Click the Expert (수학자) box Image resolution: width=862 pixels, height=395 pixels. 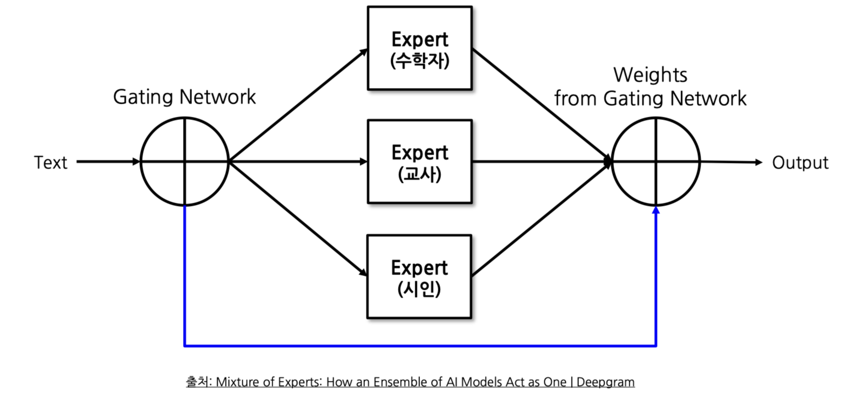point(419,48)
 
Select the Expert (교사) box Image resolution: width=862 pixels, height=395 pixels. point(419,161)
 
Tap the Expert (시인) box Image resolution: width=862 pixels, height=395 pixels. point(419,276)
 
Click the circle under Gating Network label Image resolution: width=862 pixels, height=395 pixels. point(185,161)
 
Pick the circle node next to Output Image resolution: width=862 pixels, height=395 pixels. point(655,161)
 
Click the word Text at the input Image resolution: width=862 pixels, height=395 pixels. point(50,162)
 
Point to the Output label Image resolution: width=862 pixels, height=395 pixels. point(800,162)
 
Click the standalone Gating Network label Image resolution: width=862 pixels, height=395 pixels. point(185,97)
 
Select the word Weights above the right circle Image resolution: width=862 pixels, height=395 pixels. point(650,75)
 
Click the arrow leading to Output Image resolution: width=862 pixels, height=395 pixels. point(731,162)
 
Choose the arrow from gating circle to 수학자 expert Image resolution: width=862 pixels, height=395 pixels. point(298,105)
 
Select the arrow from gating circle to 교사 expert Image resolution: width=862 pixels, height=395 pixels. point(298,161)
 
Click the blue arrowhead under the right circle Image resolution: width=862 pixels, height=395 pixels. point(655,210)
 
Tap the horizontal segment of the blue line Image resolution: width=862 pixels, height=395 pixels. point(419,346)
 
